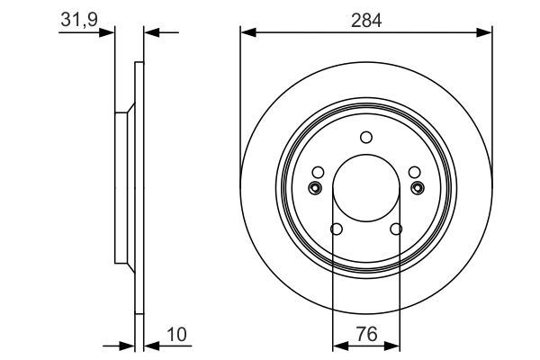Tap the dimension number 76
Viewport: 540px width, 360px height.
click(x=366, y=334)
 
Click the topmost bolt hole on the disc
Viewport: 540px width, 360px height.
click(x=365, y=138)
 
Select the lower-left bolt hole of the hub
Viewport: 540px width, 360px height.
click(x=336, y=229)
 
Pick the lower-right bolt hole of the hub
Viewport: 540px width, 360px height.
click(x=396, y=229)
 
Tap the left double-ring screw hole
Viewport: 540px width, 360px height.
click(x=315, y=187)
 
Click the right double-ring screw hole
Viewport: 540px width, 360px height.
click(x=417, y=187)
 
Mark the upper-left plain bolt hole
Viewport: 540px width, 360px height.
click(x=317, y=173)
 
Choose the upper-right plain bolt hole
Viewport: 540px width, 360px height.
click(x=414, y=173)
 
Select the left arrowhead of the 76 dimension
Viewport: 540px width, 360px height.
click(x=338, y=345)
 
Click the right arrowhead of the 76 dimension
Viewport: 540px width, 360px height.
click(x=394, y=345)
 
